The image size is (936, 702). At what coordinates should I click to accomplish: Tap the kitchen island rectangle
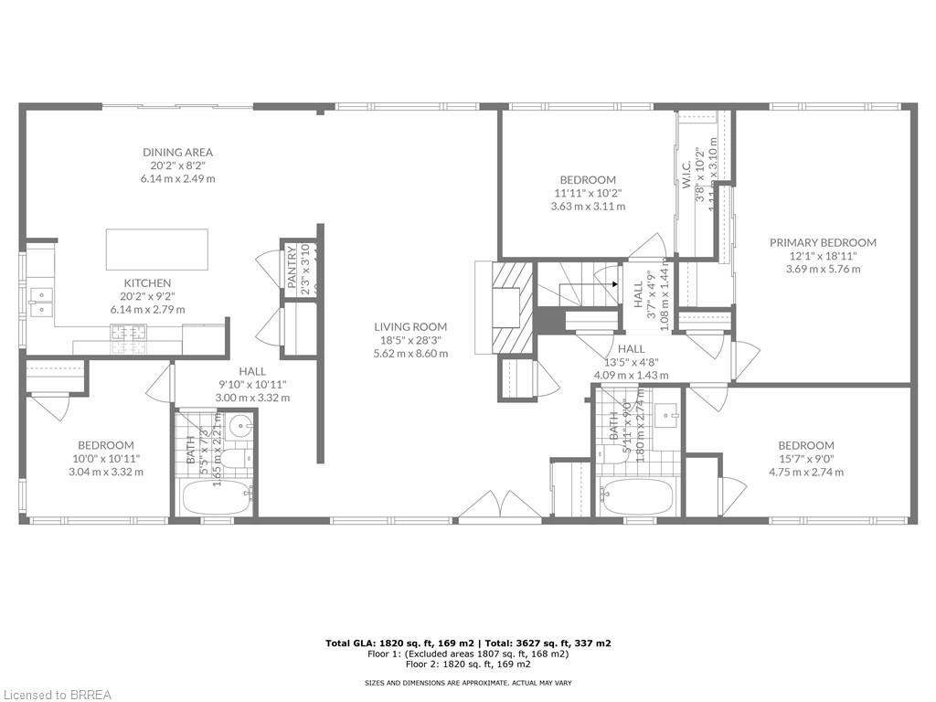tap(156, 249)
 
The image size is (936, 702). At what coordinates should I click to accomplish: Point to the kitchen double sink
tap(41, 303)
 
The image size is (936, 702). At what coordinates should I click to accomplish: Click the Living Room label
tap(410, 326)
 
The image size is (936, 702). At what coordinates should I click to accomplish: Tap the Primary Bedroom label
tap(823, 242)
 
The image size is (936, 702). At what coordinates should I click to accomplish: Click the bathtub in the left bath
tap(217, 499)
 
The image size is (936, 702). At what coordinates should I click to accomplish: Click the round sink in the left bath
tap(241, 425)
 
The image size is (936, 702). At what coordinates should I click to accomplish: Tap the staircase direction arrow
tap(613, 284)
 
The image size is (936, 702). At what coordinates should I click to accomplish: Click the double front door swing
tap(492, 506)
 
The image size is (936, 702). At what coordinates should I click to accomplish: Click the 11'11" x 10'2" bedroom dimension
tap(588, 193)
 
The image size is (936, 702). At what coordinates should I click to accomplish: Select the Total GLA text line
tap(468, 643)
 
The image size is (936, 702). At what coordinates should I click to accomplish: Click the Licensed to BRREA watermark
tap(57, 695)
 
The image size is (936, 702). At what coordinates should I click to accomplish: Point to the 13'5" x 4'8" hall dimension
tap(631, 361)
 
